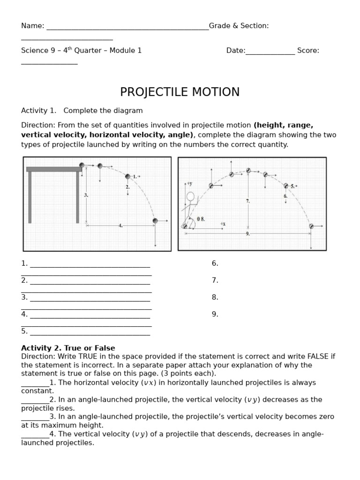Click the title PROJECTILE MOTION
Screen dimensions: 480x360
click(x=180, y=92)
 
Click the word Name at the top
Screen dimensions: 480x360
click(x=31, y=26)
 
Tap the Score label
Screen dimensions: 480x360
click(x=307, y=51)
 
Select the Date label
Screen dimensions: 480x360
click(x=235, y=51)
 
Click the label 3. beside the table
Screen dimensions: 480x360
click(x=86, y=195)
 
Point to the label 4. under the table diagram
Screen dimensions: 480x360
click(x=120, y=225)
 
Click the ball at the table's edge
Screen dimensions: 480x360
click(x=82, y=165)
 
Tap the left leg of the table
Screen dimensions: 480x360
click(x=30, y=197)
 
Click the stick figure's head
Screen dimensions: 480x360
click(x=190, y=196)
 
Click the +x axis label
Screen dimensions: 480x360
click(x=223, y=224)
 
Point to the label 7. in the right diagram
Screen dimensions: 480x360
click(x=247, y=201)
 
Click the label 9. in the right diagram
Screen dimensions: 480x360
click(x=247, y=233)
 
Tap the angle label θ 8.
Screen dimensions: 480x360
click(x=201, y=219)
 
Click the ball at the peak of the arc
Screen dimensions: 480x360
click(x=248, y=171)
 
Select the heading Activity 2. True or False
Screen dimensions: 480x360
click(x=68, y=348)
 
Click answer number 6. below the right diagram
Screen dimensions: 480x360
click(x=215, y=263)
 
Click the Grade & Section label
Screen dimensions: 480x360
click(x=239, y=26)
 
